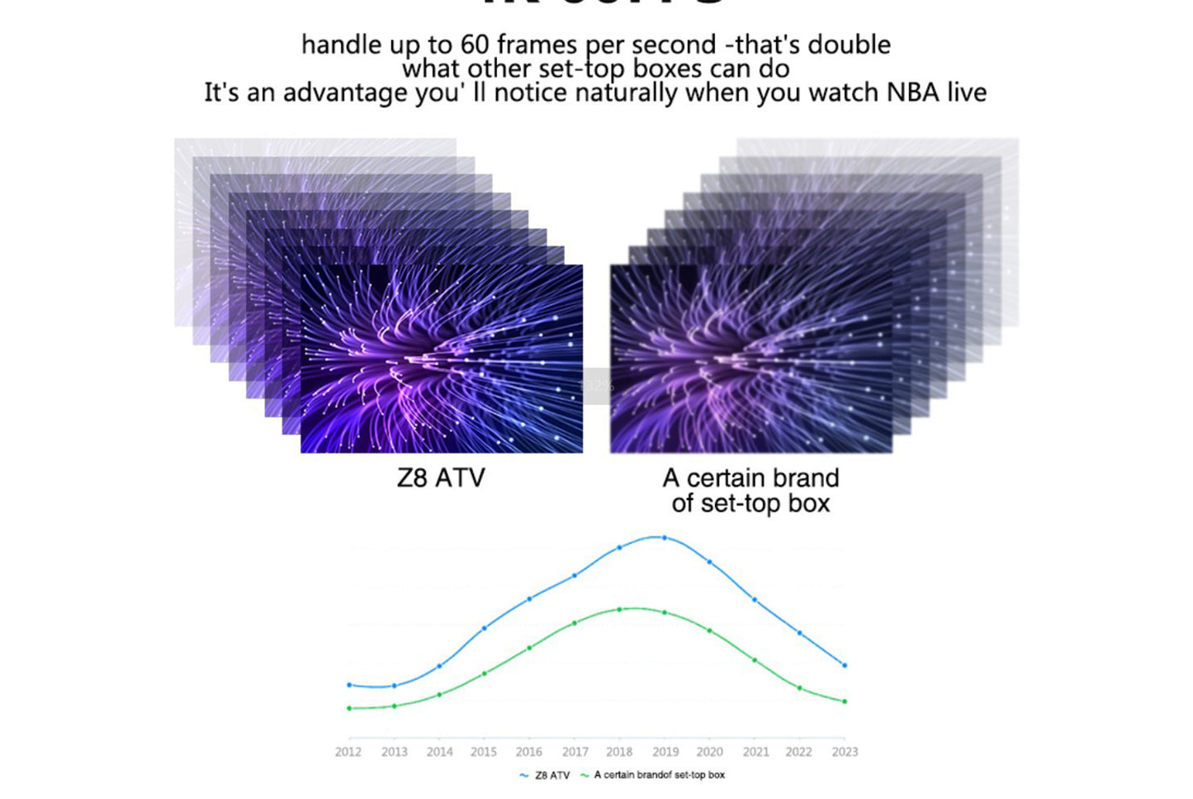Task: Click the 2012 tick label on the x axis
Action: coord(348,752)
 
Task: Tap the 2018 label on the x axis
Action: coord(619,752)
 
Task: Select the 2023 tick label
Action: coord(845,752)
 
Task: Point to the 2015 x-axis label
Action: coord(484,752)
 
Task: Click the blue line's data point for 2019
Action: coord(665,538)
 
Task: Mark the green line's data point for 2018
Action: coord(619,610)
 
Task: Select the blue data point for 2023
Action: coord(844,665)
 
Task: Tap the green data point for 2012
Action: coord(349,708)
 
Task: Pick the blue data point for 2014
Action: coord(439,666)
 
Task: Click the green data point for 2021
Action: coord(755,660)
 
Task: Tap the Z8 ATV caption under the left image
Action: coord(441,478)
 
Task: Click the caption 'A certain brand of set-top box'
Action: coord(750,491)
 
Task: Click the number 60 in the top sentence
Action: coord(475,45)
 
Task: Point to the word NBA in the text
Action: coord(912,93)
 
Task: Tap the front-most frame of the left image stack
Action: coord(442,359)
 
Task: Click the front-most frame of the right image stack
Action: coord(750,359)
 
